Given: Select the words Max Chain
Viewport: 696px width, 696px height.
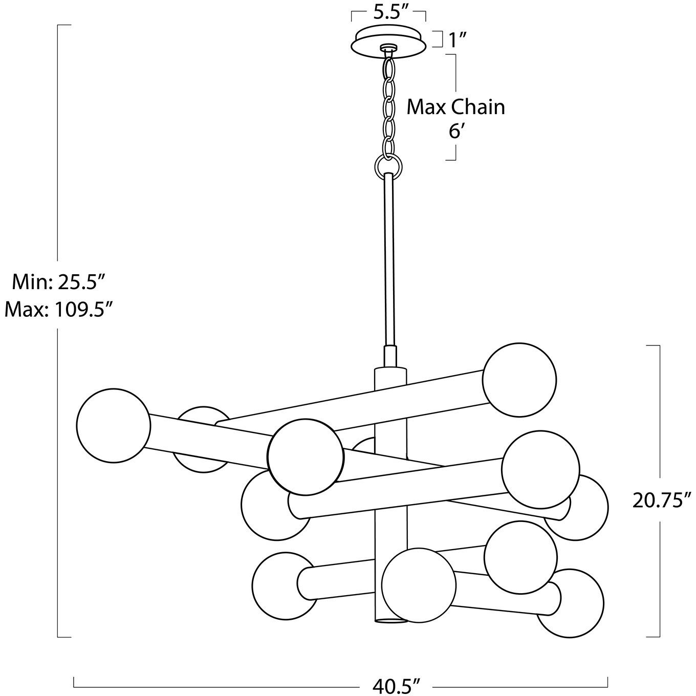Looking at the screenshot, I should (x=455, y=107).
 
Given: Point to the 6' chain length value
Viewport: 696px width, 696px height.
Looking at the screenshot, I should (x=455, y=131).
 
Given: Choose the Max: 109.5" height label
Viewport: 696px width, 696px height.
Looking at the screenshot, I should (x=58, y=309).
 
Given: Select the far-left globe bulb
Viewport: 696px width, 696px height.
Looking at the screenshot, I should (x=113, y=425).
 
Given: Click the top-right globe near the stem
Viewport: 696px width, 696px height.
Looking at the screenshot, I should (x=519, y=380).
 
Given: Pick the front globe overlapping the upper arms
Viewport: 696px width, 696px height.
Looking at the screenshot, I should (x=306, y=457).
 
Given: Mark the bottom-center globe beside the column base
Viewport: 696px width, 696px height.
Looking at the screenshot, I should (x=419, y=585).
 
